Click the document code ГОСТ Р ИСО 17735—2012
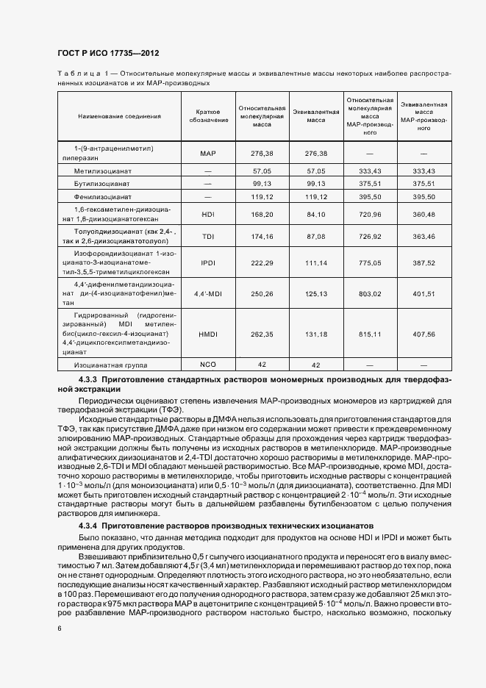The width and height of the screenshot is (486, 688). point(108,53)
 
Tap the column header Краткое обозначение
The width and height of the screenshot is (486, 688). point(207,116)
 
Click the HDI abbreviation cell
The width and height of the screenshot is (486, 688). point(207,214)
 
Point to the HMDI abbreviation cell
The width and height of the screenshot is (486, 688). point(207,334)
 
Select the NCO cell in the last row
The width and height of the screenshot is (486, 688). point(207,365)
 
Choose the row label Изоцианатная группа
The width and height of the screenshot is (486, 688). point(110,365)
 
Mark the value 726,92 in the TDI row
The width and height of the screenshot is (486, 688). point(369,236)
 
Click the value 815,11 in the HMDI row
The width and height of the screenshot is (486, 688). point(369,334)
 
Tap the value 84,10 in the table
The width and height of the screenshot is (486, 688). point(315,214)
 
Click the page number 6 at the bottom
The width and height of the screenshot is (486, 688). point(59,628)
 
